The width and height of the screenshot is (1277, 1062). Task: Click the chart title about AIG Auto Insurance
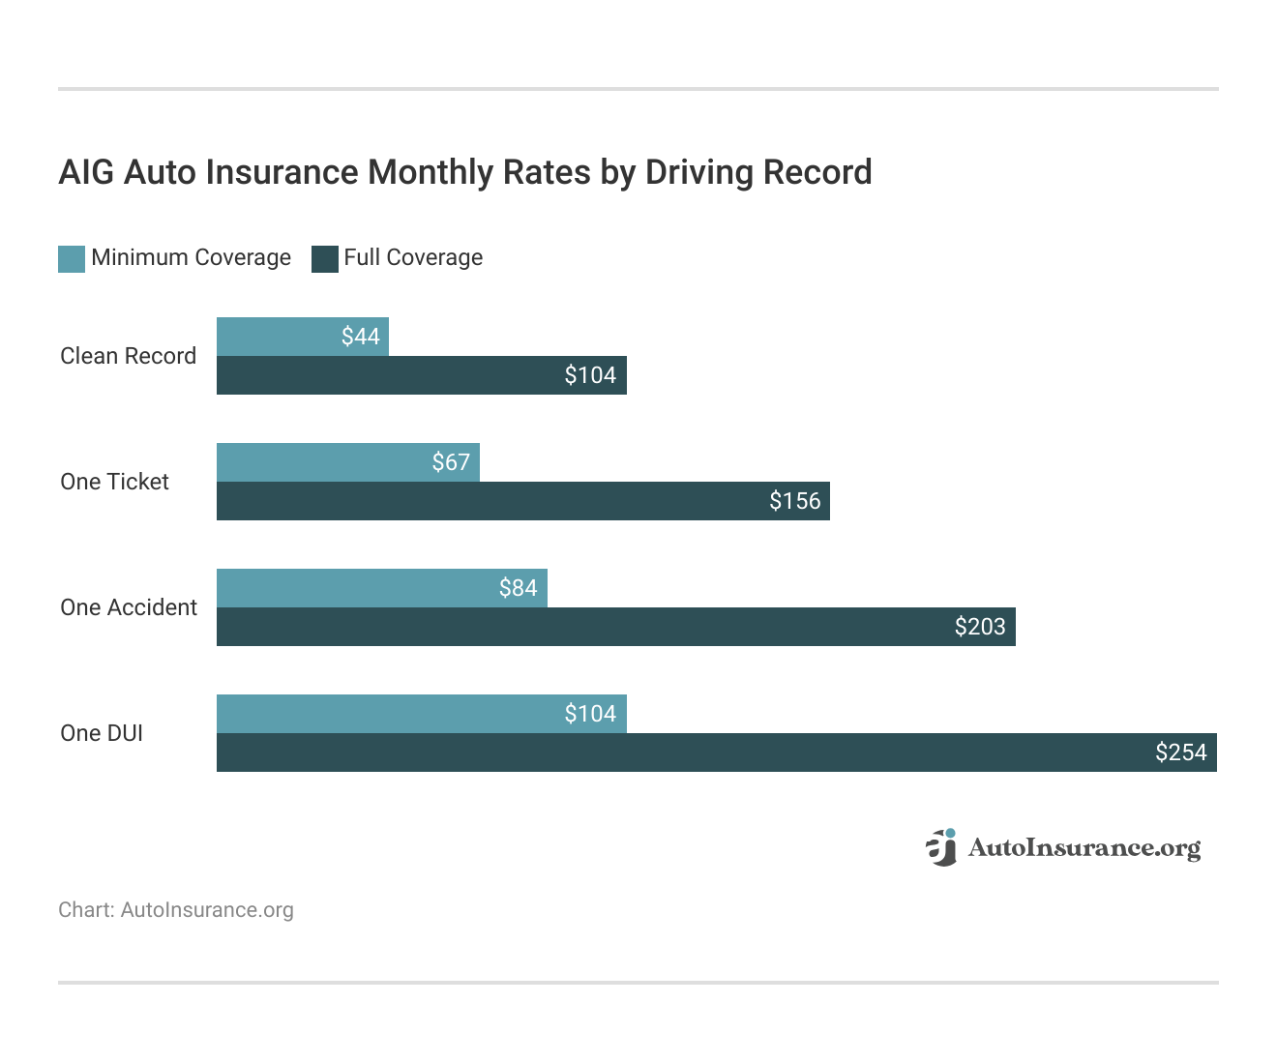pyautogui.click(x=465, y=172)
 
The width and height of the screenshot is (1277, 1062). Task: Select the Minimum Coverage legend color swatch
pyautogui.click(x=72, y=258)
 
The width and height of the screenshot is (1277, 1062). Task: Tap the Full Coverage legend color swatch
pyautogui.click(x=325, y=258)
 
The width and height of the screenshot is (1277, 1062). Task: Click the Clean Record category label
pyautogui.click(x=128, y=356)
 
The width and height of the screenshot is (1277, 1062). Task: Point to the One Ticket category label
pyautogui.click(x=114, y=482)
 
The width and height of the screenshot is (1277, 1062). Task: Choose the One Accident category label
pyautogui.click(x=129, y=607)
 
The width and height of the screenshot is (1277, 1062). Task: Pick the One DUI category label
pyautogui.click(x=102, y=733)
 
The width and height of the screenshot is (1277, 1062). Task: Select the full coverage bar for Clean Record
pyautogui.click(x=387, y=375)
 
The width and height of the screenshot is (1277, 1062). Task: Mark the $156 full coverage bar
pyautogui.click(x=484, y=501)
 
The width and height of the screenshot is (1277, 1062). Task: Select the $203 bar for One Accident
pyautogui.click(x=580, y=627)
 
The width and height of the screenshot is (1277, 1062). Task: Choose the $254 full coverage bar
pyautogui.click(x=677, y=752)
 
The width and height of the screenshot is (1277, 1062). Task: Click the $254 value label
pyautogui.click(x=1181, y=752)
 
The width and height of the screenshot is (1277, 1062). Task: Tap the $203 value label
pyautogui.click(x=980, y=627)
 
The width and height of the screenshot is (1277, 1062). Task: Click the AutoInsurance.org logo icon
pyautogui.click(x=941, y=847)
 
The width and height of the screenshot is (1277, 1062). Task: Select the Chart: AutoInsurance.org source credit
pyautogui.click(x=176, y=910)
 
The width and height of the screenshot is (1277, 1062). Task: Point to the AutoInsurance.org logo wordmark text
pyautogui.click(x=1084, y=848)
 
